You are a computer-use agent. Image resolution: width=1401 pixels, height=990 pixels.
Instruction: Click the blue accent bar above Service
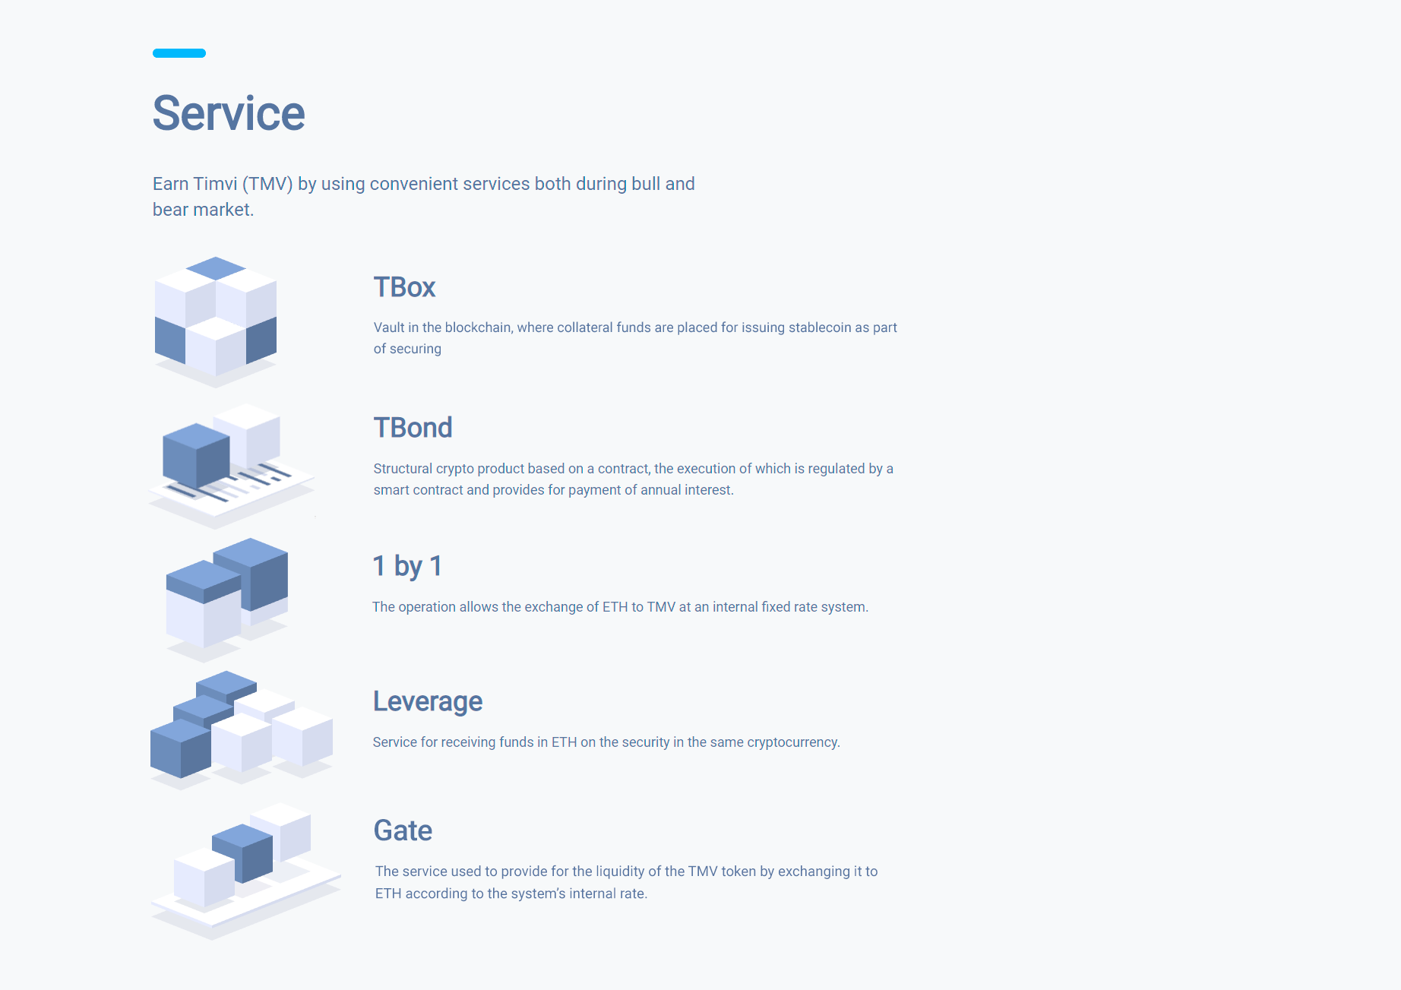tap(179, 53)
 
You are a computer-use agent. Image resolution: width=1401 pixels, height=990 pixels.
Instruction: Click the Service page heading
tap(229, 113)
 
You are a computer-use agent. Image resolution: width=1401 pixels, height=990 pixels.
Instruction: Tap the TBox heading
tap(404, 287)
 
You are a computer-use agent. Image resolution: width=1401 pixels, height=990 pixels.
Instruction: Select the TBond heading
tap(413, 428)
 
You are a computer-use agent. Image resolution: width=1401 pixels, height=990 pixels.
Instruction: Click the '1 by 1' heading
tap(407, 566)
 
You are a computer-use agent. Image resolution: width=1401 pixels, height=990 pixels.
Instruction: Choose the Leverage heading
tap(428, 701)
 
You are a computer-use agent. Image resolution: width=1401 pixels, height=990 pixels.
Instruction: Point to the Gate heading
tap(403, 830)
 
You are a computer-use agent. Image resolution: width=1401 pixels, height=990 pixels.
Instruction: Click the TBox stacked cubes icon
tap(216, 321)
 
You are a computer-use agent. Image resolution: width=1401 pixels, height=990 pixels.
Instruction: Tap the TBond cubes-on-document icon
tap(231, 466)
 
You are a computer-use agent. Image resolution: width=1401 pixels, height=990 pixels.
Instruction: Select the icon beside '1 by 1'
tap(226, 599)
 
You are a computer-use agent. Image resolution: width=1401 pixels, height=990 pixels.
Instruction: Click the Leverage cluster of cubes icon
tap(242, 730)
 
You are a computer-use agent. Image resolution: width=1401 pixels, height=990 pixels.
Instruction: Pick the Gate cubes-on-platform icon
tap(245, 871)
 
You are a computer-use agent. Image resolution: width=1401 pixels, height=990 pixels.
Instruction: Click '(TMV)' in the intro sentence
tap(267, 184)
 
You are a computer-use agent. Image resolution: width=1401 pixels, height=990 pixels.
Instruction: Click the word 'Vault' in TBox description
tap(389, 327)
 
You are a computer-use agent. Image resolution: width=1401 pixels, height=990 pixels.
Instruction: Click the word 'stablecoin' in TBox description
tap(820, 327)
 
